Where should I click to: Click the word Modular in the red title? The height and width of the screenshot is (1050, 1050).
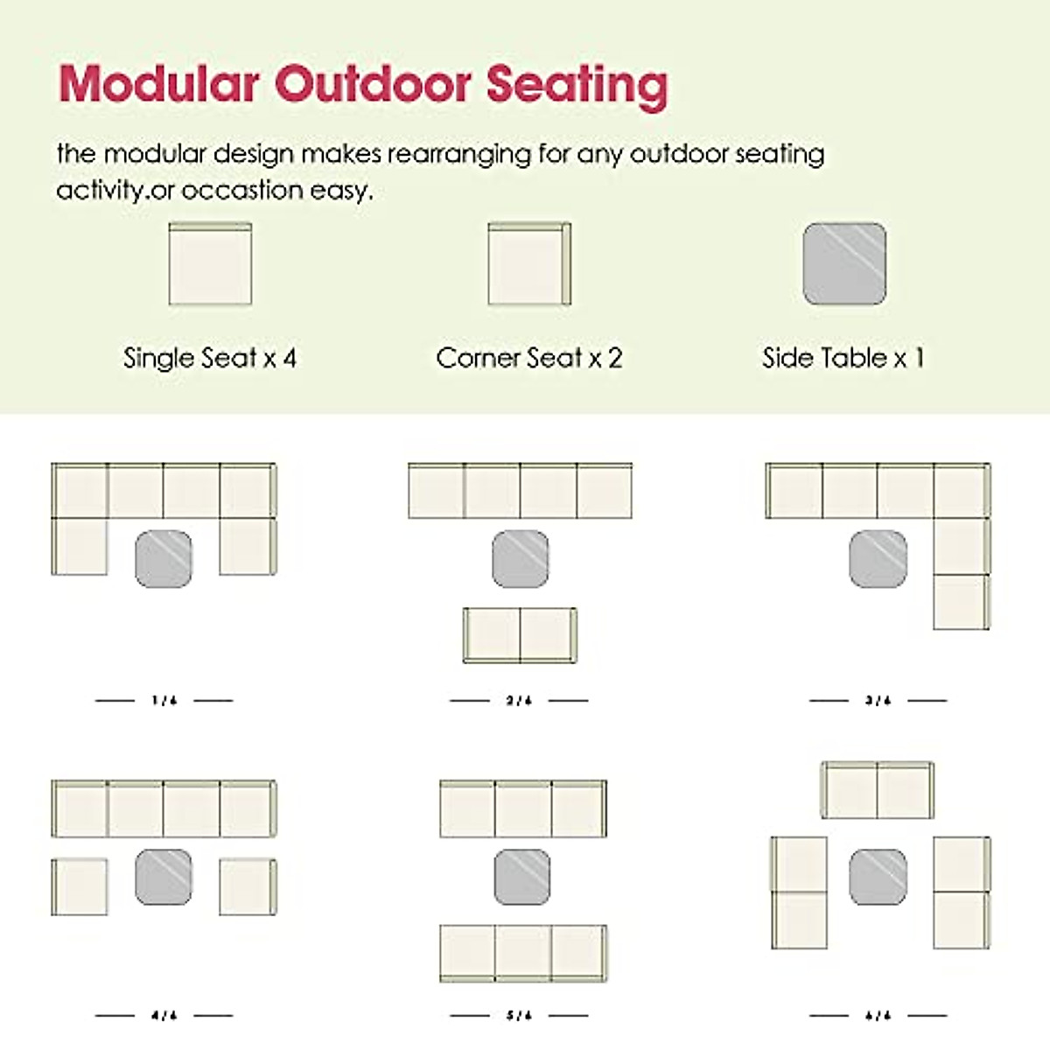158,84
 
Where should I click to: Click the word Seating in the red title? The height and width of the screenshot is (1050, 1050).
577,86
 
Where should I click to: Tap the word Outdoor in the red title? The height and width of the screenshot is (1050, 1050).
374,84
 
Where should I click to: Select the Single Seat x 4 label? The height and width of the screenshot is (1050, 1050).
210,358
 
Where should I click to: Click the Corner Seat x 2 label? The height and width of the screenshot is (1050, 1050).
529,358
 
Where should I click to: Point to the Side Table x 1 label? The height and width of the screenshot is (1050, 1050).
843,358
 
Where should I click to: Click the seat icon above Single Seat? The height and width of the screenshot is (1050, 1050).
210,264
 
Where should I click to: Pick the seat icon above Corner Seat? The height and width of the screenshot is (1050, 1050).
529,264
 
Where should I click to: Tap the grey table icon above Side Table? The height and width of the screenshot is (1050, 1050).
844,264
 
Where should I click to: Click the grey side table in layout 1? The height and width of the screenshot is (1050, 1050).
164,559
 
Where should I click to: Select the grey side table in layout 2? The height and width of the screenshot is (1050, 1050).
521,559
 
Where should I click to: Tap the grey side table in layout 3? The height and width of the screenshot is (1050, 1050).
878,559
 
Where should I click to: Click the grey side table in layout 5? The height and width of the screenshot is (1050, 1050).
522,877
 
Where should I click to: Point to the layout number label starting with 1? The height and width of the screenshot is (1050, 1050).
164,700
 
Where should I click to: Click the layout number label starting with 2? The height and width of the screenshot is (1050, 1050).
519,700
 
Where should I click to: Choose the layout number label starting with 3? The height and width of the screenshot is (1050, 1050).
878,700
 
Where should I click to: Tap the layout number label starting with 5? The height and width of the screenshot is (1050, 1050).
519,1015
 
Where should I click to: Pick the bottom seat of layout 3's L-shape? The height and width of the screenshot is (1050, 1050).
961,602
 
